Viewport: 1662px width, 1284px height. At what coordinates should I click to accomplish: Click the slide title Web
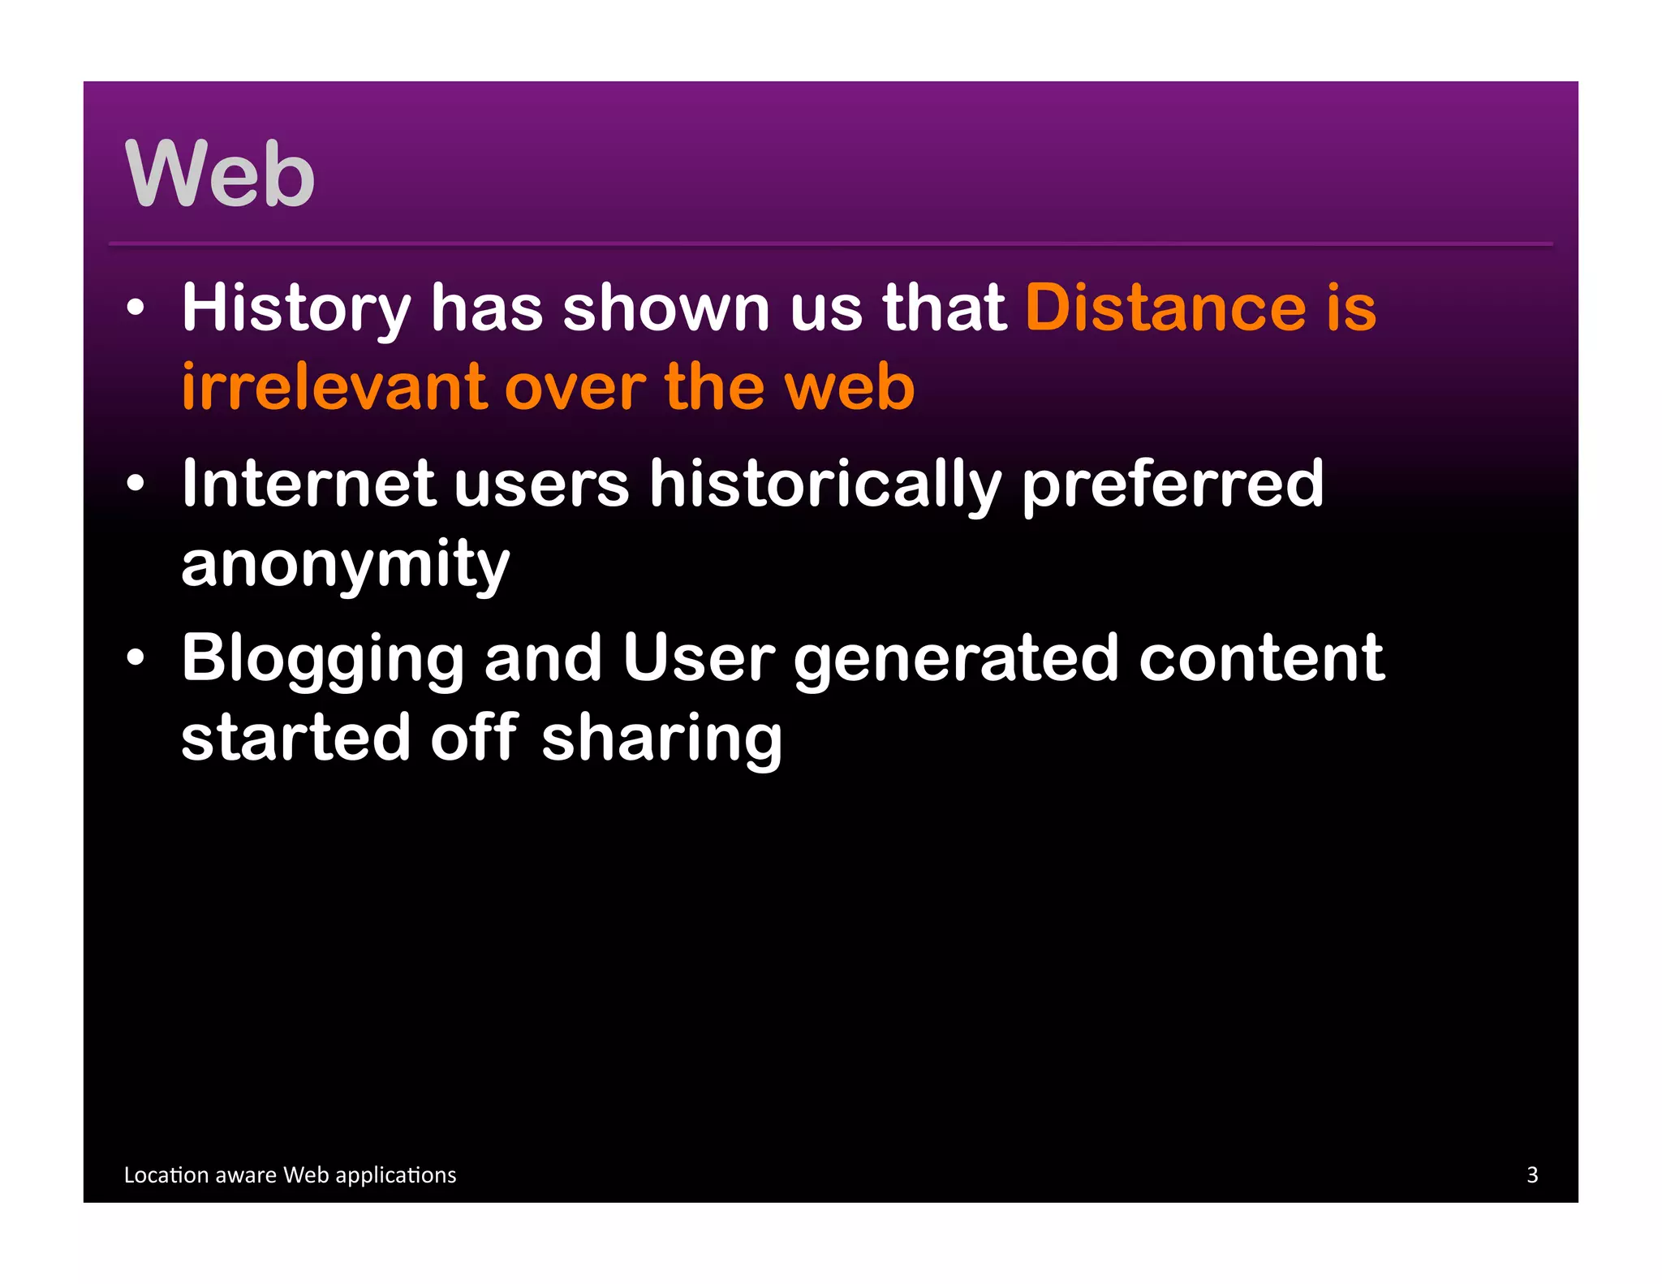219,174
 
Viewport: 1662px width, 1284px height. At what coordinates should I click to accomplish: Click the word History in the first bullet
296,308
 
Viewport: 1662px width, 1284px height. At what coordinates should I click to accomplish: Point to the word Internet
309,484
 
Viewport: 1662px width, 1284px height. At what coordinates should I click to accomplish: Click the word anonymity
345,564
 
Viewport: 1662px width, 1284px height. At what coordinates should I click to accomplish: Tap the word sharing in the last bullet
661,738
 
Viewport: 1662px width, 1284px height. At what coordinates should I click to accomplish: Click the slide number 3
1532,1174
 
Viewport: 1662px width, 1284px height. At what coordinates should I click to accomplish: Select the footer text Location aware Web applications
290,1174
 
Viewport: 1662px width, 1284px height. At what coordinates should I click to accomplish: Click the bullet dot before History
136,308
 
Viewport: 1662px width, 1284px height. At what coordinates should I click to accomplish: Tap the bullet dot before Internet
136,485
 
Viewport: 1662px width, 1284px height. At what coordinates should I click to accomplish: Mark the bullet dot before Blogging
136,658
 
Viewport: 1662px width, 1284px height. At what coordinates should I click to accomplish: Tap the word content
1261,658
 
